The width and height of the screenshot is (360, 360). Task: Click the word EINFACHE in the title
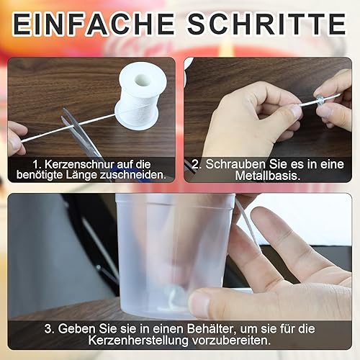pyautogui.click(x=94, y=24)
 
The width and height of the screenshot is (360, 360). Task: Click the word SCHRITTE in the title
pyautogui.click(x=267, y=24)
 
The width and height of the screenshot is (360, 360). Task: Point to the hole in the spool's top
pyautogui.click(x=143, y=81)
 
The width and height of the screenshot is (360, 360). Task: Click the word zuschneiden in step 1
pyautogui.click(x=132, y=175)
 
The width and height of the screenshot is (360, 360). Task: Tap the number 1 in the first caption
pyautogui.click(x=37, y=165)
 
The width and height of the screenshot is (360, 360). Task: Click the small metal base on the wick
pyautogui.click(x=320, y=99)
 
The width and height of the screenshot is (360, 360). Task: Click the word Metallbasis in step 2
pyautogui.click(x=268, y=176)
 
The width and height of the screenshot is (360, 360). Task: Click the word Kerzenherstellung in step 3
pyautogui.click(x=138, y=341)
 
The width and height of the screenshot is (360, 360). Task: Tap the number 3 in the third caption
pyautogui.click(x=49, y=329)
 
